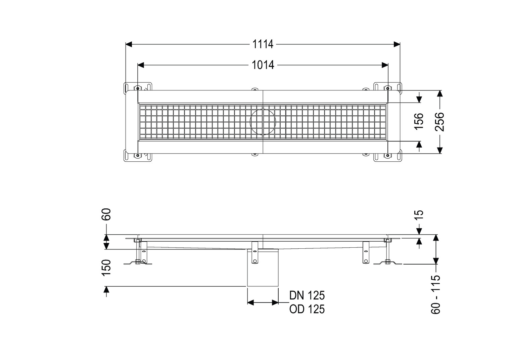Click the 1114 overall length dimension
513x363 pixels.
click(263, 44)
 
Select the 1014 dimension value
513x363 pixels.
click(263, 65)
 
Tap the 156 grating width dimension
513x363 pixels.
click(419, 122)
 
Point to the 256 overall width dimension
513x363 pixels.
click(439, 122)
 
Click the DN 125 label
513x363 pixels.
click(307, 295)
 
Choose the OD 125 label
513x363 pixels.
click(307, 309)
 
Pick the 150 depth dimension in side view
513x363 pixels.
click(106, 268)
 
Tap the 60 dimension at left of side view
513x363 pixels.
click(106, 214)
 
